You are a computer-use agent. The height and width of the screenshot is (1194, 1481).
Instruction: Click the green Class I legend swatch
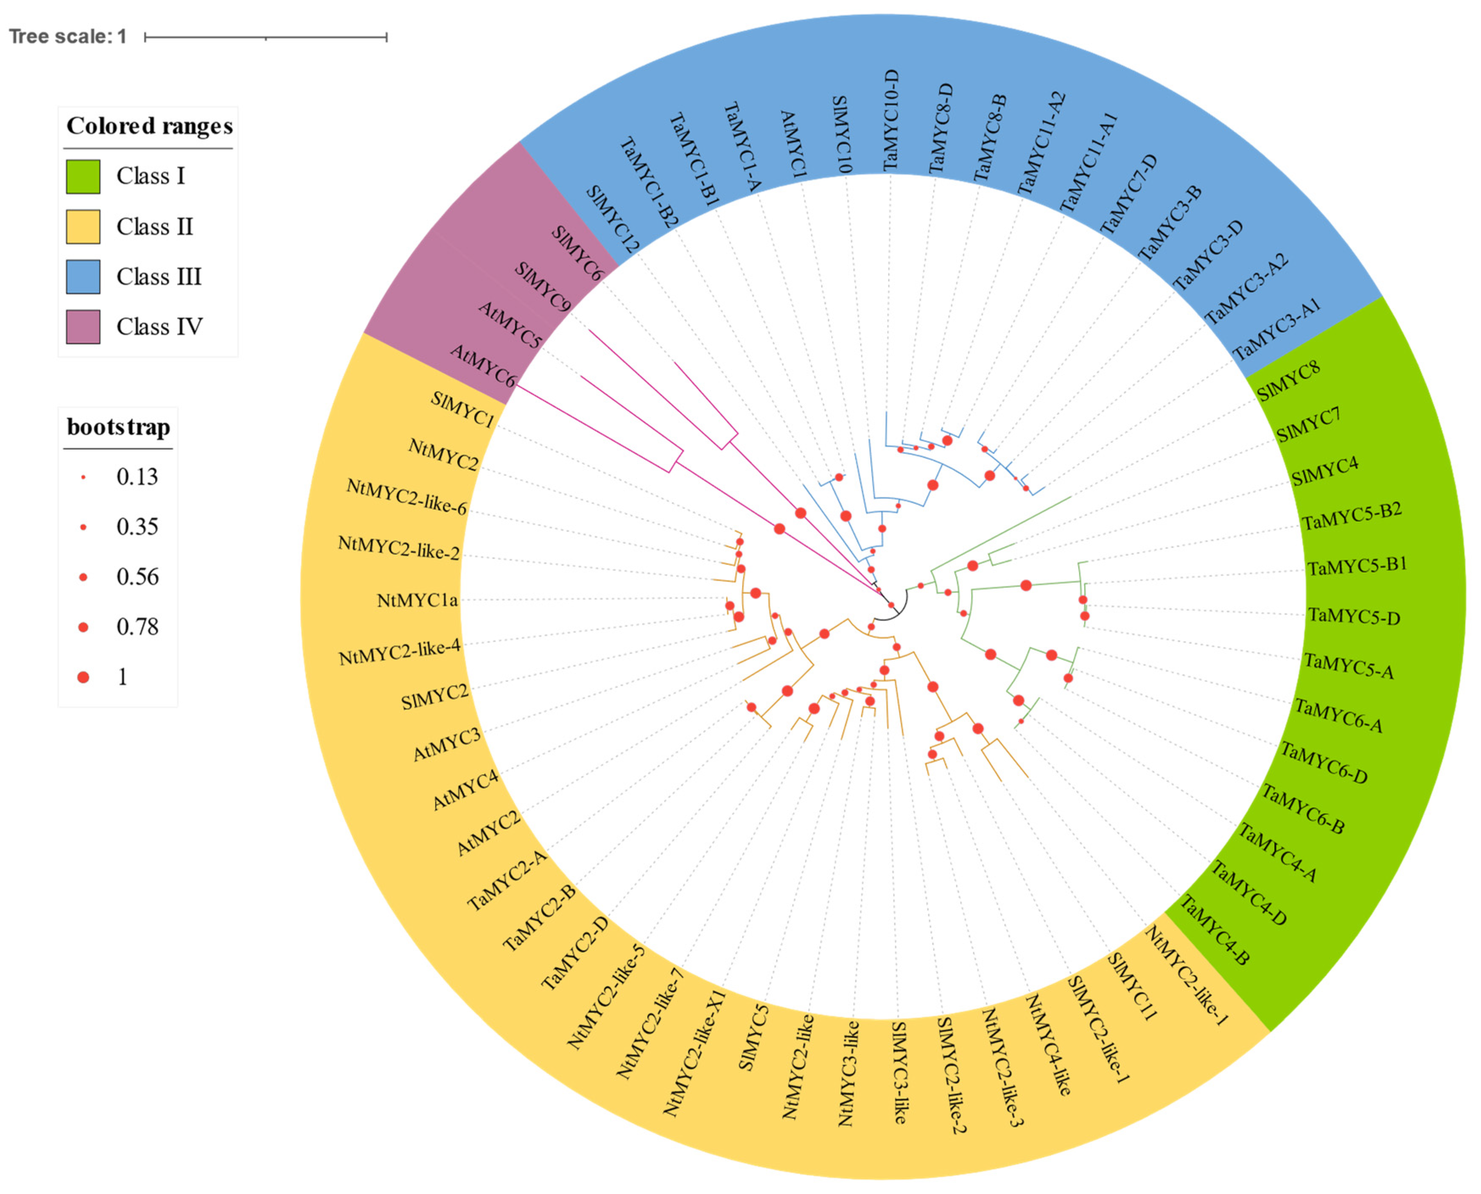tap(83, 177)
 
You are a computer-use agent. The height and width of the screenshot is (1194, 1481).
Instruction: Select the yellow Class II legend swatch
tap(83, 227)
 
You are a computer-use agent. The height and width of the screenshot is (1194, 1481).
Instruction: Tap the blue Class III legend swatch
tap(83, 277)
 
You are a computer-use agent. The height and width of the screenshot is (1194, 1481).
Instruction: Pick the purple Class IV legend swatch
tap(83, 327)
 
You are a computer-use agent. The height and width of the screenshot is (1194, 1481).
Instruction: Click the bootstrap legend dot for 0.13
tap(83, 477)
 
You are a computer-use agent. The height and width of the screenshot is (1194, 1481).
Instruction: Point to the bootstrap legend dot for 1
tap(83, 677)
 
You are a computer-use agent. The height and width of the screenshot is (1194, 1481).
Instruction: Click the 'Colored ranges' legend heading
tap(149, 126)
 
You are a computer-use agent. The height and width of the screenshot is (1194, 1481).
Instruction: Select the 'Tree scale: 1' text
tap(67, 36)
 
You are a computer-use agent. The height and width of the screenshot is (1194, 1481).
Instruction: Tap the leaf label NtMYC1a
tap(417, 601)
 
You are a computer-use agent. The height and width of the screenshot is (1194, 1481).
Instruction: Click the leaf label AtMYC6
tap(483, 366)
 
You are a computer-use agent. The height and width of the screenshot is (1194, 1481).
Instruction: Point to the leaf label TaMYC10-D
tap(891, 121)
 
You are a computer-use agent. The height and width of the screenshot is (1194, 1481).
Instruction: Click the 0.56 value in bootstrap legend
tap(137, 577)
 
